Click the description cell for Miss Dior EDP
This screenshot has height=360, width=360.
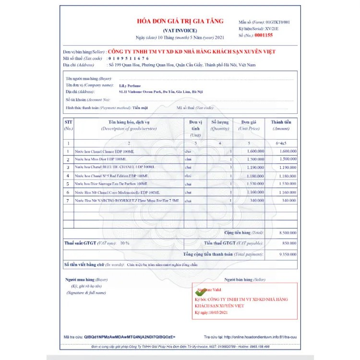click(101, 159)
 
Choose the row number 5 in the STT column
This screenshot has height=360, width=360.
click(68, 184)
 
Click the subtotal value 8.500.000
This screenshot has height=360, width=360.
click(286, 232)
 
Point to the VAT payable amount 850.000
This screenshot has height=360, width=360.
click(288, 243)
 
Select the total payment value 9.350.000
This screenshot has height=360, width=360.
click(286, 254)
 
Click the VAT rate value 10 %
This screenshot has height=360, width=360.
click(125, 243)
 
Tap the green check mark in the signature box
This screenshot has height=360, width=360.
click(199, 291)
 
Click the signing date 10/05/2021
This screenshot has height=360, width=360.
click(218, 312)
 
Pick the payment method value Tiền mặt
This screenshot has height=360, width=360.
click(140, 108)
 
